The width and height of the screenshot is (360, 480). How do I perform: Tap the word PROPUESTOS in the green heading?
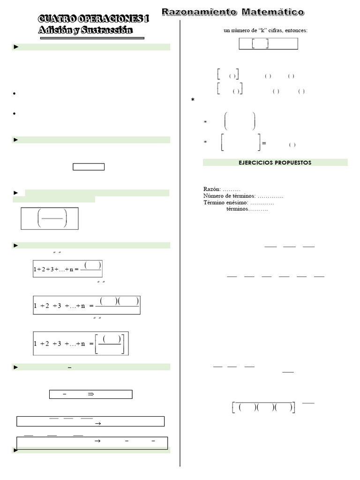[293, 163]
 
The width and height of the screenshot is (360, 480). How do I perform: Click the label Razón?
[212, 189]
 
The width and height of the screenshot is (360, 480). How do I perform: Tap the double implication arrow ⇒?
[91, 395]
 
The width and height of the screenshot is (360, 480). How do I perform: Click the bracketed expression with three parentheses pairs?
[264, 407]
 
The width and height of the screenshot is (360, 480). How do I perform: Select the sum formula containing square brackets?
[81, 343]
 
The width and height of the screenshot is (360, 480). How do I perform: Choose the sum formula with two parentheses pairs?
[87, 305]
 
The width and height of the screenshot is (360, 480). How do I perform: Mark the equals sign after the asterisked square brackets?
[264, 143]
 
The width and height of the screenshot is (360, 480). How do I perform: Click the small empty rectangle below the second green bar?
[89, 167]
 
